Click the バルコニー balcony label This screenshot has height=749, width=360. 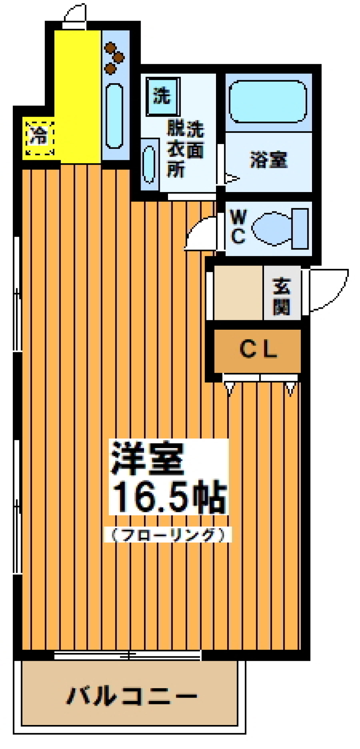(x=131, y=696)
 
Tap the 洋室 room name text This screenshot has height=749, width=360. (x=147, y=458)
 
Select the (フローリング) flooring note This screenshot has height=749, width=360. (x=168, y=535)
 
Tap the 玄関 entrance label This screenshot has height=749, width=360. (x=282, y=296)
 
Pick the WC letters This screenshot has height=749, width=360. (x=238, y=227)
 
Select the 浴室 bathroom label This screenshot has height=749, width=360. (x=268, y=160)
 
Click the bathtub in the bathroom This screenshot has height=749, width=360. (x=268, y=101)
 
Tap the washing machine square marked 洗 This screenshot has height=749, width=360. (x=162, y=96)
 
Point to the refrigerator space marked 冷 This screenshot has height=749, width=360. (x=39, y=137)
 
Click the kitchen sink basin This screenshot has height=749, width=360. (x=114, y=116)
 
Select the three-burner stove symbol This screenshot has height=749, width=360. (x=114, y=58)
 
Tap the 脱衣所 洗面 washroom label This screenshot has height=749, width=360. (x=185, y=149)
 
